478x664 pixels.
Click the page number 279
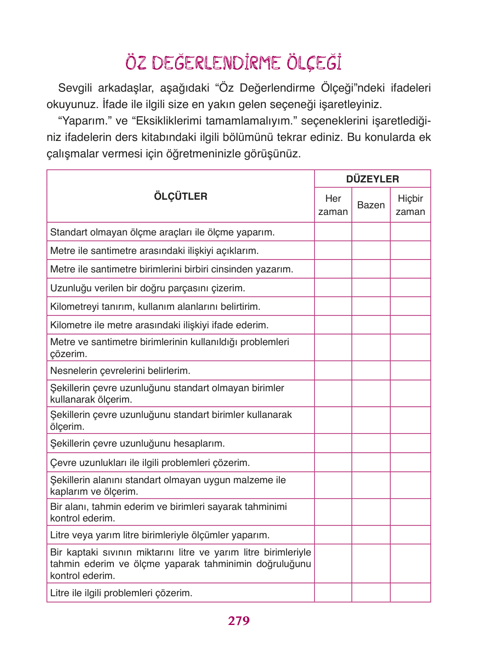(239, 620)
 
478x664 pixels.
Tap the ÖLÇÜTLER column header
(180, 196)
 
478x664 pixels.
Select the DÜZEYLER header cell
(372, 179)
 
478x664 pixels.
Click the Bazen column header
(371, 205)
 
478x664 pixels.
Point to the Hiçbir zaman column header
(410, 205)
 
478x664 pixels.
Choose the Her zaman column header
(333, 205)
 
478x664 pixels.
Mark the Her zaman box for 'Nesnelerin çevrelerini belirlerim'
(333, 371)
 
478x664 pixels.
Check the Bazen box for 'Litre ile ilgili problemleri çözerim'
(371, 593)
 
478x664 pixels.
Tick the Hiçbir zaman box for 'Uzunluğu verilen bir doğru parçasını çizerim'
(410, 288)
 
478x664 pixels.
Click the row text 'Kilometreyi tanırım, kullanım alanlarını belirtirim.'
(155, 307)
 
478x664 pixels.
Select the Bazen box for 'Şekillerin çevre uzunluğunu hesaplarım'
(371, 443)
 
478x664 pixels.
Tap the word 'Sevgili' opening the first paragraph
(75, 88)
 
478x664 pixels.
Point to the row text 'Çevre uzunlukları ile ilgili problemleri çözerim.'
(150, 463)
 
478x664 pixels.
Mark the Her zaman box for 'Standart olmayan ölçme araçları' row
(333, 232)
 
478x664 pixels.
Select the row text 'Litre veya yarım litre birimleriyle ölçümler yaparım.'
(159, 535)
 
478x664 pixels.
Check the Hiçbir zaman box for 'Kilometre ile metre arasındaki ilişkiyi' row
(410, 325)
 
